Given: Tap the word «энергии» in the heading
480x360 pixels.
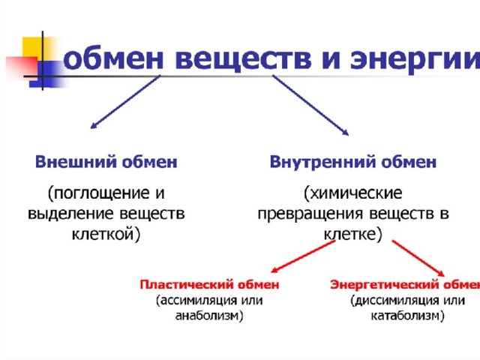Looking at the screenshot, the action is [415, 58].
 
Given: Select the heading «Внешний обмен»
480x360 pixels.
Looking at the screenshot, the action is [106, 162].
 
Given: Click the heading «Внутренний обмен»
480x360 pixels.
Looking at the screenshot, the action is [353, 162].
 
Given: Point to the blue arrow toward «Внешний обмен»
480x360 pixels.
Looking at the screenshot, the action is [125, 102].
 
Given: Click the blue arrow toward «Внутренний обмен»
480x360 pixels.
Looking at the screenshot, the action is [310, 105].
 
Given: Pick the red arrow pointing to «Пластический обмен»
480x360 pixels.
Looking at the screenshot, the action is [303, 256].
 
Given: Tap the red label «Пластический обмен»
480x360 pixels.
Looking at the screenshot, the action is [209, 285].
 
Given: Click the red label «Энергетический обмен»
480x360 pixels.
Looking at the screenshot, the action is [405, 285].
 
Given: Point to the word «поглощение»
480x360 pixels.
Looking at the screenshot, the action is [98, 193].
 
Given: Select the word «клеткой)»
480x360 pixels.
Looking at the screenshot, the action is [106, 234].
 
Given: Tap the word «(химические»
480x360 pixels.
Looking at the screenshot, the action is [353, 193].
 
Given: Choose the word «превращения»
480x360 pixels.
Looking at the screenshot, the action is [310, 214].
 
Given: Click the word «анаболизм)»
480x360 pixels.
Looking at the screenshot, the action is [209, 316].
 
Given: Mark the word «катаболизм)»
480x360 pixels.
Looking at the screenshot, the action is [407, 316].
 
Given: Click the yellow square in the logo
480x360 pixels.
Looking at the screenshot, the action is [37, 49].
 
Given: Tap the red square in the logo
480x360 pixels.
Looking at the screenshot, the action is [22, 67].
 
